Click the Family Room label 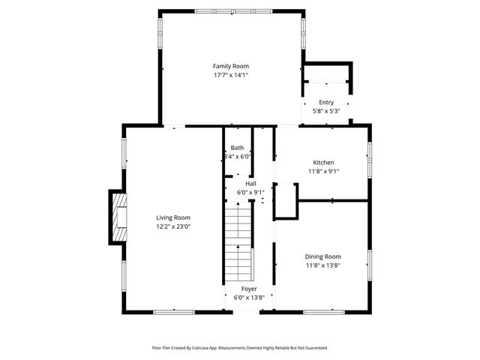(230, 66)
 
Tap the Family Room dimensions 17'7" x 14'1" (230, 75)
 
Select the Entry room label (326, 103)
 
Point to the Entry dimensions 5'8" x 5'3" (326, 112)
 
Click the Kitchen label (323, 162)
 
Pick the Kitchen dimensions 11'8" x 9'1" (323, 171)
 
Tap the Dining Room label (323, 256)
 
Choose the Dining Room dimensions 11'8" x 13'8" (323, 265)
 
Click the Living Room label (173, 217)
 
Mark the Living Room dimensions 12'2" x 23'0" (173, 226)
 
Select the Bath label (237, 148)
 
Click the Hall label (250, 183)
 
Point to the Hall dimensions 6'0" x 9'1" (250, 192)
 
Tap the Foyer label (249, 289)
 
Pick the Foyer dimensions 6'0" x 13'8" (249, 298)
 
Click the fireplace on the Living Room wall (118, 217)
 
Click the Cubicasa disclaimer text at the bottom (240, 348)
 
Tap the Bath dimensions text (237, 157)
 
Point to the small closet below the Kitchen (285, 201)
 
